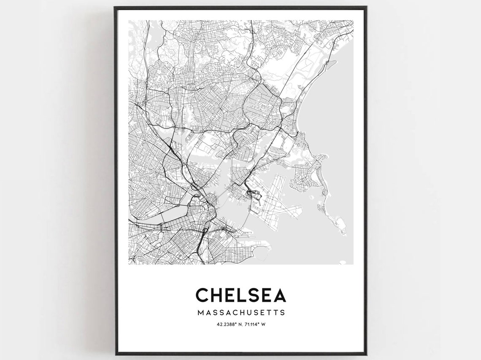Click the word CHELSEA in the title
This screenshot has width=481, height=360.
coord(240,295)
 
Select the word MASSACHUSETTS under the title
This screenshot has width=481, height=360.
coord(241,313)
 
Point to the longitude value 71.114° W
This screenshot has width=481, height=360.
coord(255,325)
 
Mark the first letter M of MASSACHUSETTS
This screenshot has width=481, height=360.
coord(200,313)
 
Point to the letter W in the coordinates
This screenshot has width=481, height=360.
coord(263,325)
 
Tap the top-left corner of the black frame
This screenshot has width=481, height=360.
coord(115,7)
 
